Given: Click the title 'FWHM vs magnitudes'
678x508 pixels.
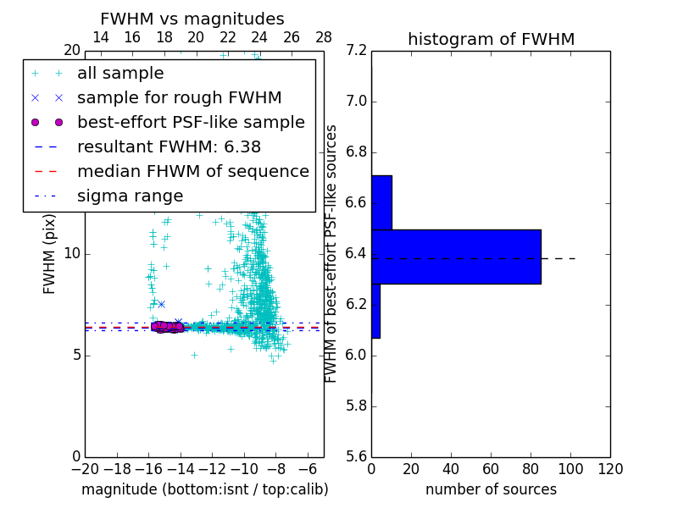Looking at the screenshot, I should coord(192,19).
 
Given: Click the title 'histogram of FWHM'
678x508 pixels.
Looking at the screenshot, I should coord(491,39).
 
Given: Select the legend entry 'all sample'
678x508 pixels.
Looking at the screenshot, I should coord(120,74).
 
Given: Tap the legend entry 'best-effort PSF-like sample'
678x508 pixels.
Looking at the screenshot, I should coord(191,123).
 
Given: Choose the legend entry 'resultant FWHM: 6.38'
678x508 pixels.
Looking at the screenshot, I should coord(170,147).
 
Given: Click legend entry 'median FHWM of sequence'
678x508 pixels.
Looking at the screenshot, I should coord(192,172).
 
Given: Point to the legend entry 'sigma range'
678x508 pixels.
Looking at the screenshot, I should coord(130,196).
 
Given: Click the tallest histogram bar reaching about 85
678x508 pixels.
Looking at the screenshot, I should coord(456,257).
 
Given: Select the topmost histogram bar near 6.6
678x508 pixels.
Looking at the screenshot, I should coord(381,202).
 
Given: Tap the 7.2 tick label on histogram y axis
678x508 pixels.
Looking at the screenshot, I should coord(358,51).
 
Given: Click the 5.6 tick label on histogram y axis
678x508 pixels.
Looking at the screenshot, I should coord(358,456).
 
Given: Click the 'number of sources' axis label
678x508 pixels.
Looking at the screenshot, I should coord(491,489).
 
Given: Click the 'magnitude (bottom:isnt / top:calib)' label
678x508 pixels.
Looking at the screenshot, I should coord(204,489).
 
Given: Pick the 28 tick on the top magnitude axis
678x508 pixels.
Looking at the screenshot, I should coord(323,37).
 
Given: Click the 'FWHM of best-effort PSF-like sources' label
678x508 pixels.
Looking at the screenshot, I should coord(331,254).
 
